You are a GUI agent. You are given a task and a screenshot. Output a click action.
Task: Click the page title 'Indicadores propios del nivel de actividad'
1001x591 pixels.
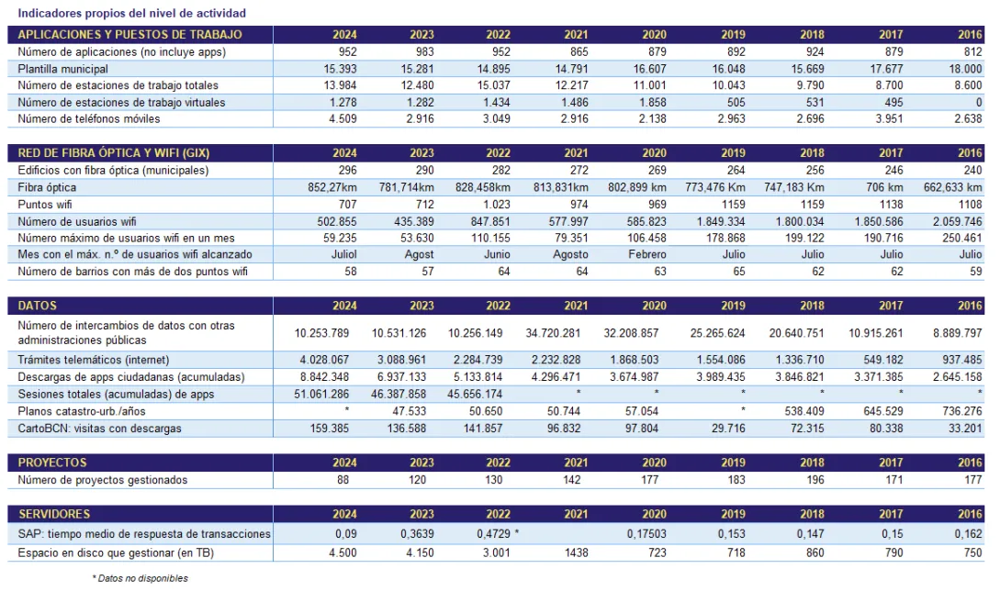tap(131, 14)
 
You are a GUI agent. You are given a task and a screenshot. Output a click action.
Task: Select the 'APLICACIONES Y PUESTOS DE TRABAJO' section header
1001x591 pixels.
tap(129, 35)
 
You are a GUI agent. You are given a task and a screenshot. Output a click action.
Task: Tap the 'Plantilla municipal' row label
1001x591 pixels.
tap(62, 69)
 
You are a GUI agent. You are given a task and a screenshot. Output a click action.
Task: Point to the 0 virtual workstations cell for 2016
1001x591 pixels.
tap(979, 102)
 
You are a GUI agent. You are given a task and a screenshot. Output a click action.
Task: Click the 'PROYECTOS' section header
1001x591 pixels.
tap(52, 463)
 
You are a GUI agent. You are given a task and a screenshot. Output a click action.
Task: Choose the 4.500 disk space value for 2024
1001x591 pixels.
tap(339, 553)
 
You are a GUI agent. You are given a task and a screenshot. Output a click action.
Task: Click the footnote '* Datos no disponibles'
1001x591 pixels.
tap(140, 578)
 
